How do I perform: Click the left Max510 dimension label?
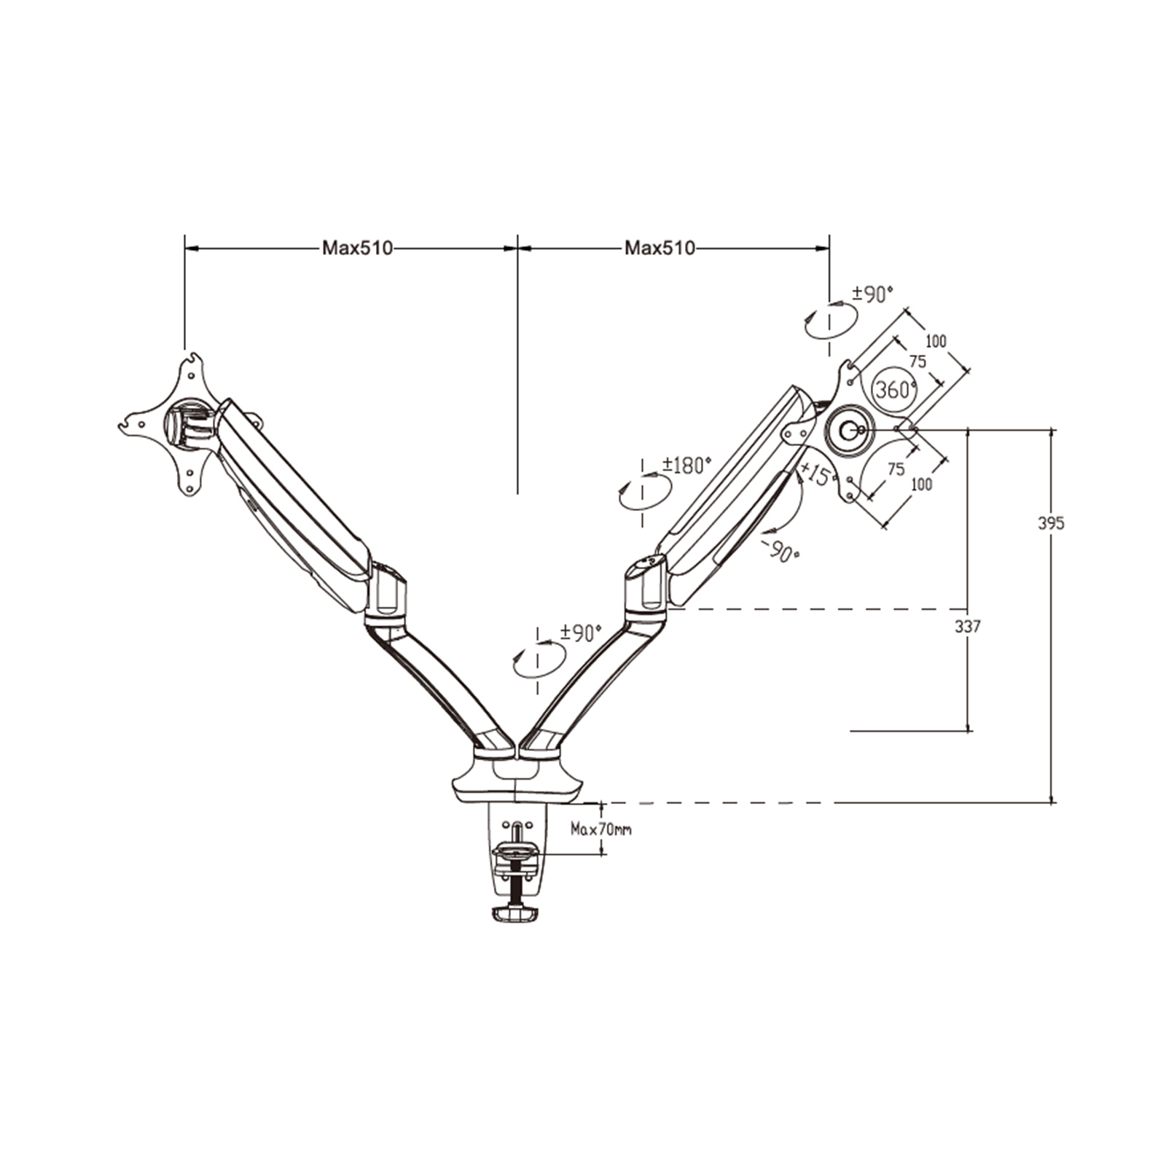click(357, 249)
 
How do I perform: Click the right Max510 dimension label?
click(660, 249)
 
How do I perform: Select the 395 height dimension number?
click(1051, 523)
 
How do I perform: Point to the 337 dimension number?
click(968, 626)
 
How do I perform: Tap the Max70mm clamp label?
click(601, 829)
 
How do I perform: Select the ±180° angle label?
click(686, 465)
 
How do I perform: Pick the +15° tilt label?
click(816, 474)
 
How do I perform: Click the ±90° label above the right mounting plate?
click(872, 294)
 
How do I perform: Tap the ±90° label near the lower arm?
click(581, 633)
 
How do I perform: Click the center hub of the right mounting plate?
click(848, 431)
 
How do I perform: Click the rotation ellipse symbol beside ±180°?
click(644, 493)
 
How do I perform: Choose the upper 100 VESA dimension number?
click(936, 341)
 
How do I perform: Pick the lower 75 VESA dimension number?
click(896, 469)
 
